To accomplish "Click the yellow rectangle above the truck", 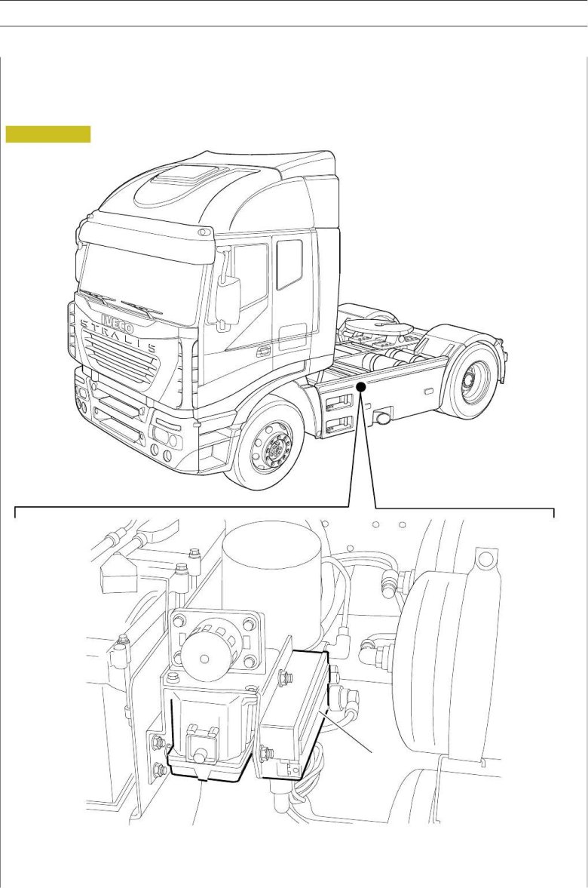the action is coord(48,134).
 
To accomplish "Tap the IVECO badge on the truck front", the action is coord(118,322).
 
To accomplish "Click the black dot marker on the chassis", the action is coord(361,387).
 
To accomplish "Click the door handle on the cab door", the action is coord(262,352).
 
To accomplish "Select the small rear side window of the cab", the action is coord(289,265).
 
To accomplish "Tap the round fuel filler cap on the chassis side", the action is coord(380,419).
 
